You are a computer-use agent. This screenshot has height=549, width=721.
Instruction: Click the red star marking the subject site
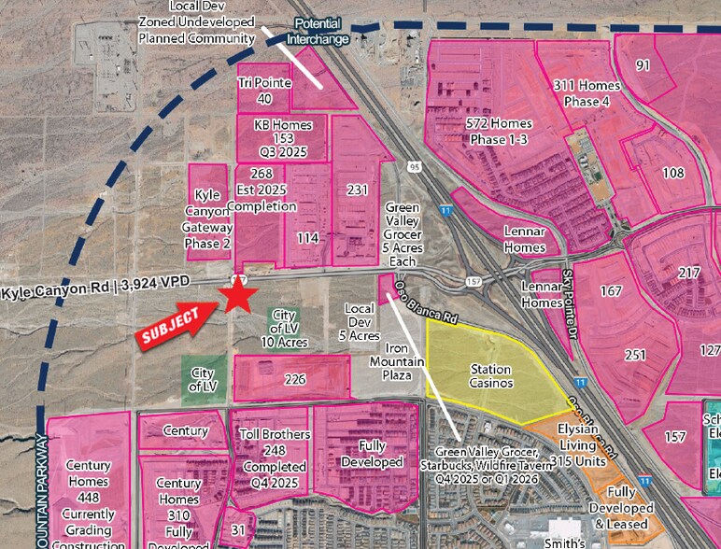(x=238, y=296)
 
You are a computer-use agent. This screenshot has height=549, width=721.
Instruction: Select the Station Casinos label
(x=490, y=376)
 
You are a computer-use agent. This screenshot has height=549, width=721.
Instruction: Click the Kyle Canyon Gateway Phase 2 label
(x=209, y=218)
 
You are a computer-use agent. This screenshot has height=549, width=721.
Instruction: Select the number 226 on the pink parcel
(x=295, y=379)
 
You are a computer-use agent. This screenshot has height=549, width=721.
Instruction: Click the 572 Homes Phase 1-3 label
(x=499, y=132)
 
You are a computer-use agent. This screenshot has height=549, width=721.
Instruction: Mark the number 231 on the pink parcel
(x=357, y=190)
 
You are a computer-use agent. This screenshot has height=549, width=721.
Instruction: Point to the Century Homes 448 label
(x=89, y=494)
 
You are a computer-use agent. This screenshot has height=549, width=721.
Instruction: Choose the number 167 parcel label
(x=611, y=290)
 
